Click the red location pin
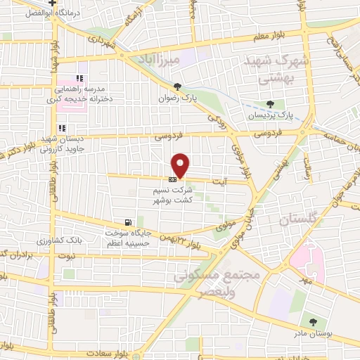[181, 165]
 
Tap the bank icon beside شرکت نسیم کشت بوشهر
[172, 179]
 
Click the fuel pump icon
[127, 222]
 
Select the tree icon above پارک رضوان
[178, 87]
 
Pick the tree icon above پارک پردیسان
[271, 104]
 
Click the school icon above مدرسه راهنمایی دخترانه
[79, 79]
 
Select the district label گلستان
[285, 220]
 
